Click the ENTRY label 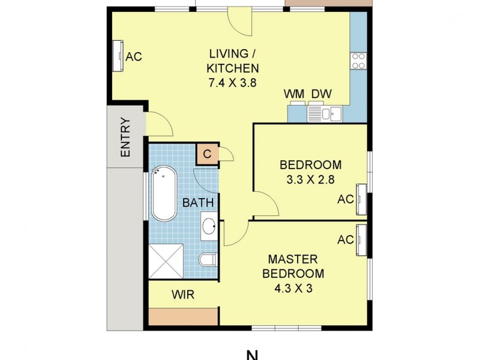[x=125, y=137]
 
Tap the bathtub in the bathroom [x=163, y=194]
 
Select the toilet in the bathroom [x=207, y=260]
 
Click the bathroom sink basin [x=209, y=227]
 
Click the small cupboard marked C [x=207, y=154]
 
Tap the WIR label [x=182, y=295]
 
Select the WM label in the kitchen [x=294, y=94]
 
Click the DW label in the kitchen [x=321, y=94]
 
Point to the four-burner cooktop [x=358, y=61]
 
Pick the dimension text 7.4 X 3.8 [x=232, y=83]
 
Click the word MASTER [x=293, y=259]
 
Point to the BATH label [x=198, y=203]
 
